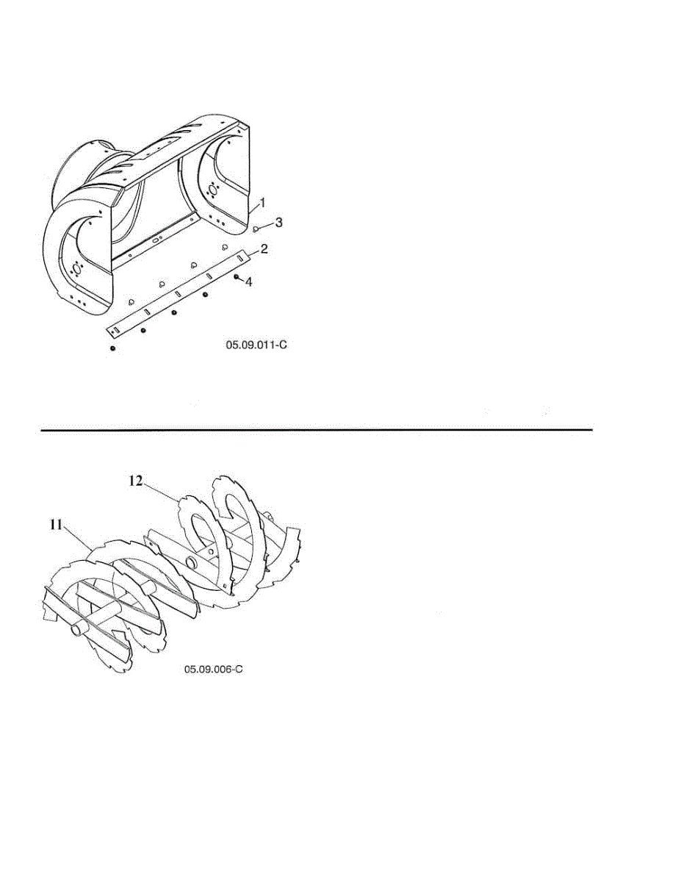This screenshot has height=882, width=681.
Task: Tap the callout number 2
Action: click(264, 249)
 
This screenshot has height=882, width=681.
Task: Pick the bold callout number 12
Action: click(136, 481)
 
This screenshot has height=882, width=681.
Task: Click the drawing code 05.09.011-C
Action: click(256, 344)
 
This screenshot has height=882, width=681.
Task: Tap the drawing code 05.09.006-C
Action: click(213, 670)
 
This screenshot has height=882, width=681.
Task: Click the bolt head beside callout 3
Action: click(256, 229)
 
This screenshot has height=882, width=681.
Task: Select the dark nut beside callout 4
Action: click(236, 277)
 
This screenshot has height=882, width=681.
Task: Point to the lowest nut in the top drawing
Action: click(112, 348)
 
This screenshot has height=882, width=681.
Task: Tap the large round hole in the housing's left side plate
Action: click(74, 269)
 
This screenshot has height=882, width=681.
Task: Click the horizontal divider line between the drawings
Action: click(316, 430)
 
